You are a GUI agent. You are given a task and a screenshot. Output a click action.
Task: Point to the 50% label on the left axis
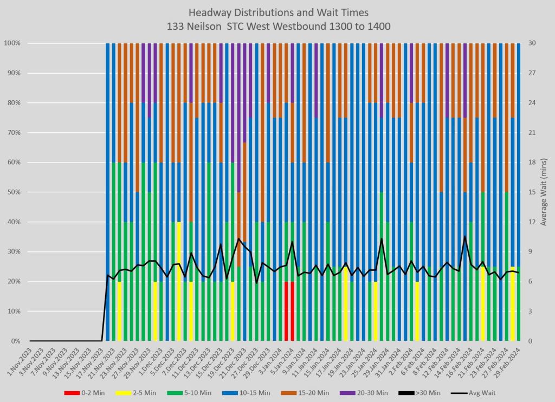(14, 192)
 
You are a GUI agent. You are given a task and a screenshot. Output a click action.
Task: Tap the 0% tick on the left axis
(15, 341)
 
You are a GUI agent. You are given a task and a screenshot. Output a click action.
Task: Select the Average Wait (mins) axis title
(544, 192)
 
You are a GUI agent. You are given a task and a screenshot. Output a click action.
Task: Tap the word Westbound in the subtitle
(304, 25)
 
